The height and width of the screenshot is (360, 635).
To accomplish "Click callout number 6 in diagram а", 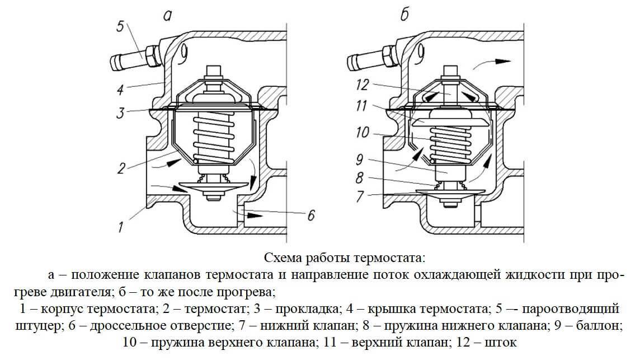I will coord(311,214).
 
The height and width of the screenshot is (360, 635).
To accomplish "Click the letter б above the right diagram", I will coord(404,15).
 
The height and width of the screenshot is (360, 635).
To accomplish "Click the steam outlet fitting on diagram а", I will coord(132,58).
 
